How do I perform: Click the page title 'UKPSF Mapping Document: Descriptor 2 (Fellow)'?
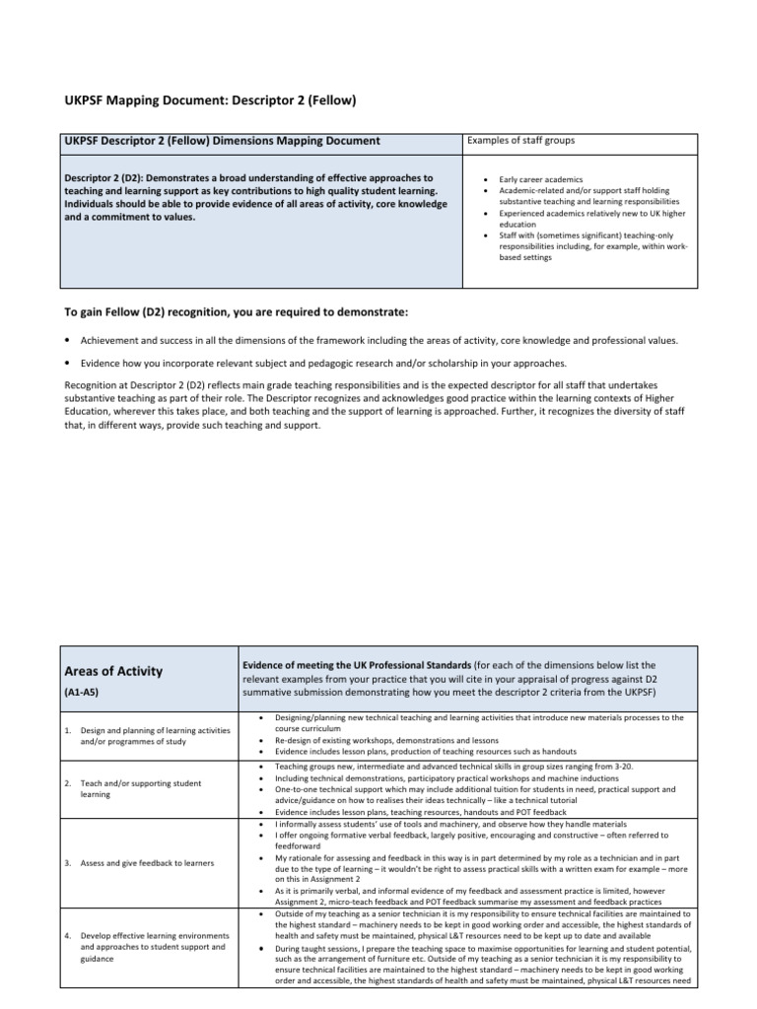209,101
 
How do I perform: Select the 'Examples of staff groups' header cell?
521,141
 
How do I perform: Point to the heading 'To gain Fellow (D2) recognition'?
236,312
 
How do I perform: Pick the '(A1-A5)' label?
84,692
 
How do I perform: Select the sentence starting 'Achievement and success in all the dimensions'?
378,340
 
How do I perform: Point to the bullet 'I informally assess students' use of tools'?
437,823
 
